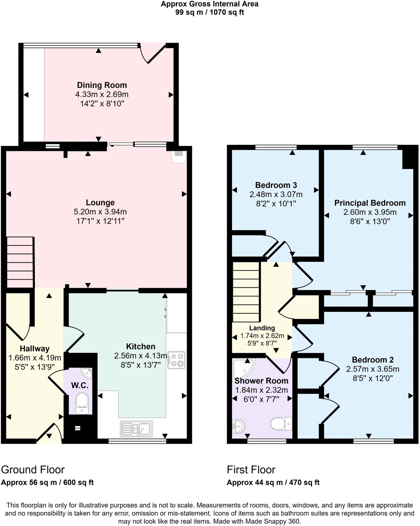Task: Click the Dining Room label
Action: (102, 85)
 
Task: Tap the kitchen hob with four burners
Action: (176, 360)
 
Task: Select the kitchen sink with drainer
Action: (136, 429)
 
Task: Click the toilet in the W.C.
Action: (82, 402)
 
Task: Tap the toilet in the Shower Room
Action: (281, 424)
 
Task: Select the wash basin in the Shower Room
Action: (238, 426)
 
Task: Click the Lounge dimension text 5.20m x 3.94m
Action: (100, 212)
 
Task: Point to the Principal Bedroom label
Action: (370, 203)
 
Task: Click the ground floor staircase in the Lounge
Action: (20, 262)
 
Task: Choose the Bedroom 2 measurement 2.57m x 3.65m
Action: (372, 369)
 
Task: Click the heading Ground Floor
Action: (33, 470)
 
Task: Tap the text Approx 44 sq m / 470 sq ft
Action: (273, 483)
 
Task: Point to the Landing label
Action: (262, 328)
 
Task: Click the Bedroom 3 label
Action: (276, 185)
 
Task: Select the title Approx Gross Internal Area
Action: (209, 4)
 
